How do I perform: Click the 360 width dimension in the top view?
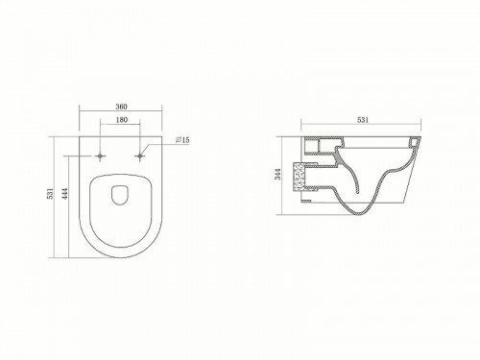pos(121,107)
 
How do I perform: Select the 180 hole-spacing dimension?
pos(121,120)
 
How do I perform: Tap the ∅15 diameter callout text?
pos(182,140)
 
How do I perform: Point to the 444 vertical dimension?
pos(65,194)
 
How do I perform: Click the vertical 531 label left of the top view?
pos(50,194)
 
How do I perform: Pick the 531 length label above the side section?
pos(363,120)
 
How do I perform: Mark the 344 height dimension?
pos(278,174)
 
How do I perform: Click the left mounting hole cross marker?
pos(101,156)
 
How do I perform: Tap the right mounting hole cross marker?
pos(140,156)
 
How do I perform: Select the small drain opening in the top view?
pos(120,194)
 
